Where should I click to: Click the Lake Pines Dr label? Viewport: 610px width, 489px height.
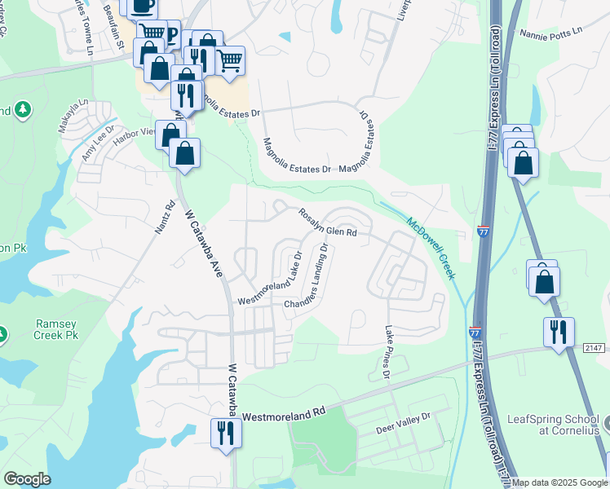pyautogui.click(x=387, y=353)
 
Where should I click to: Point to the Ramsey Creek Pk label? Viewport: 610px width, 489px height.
pyautogui.click(x=56, y=328)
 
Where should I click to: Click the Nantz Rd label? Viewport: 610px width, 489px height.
pyautogui.click(x=166, y=218)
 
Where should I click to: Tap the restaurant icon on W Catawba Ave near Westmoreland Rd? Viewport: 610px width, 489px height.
pyautogui.click(x=224, y=431)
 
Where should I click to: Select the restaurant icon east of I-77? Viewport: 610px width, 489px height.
pyautogui.click(x=559, y=332)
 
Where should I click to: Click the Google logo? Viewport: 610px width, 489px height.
pyautogui.click(x=27, y=479)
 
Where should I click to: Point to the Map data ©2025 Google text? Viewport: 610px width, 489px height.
pyautogui.click(x=559, y=482)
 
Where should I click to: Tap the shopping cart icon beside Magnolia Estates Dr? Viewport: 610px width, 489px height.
pyautogui.click(x=230, y=59)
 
